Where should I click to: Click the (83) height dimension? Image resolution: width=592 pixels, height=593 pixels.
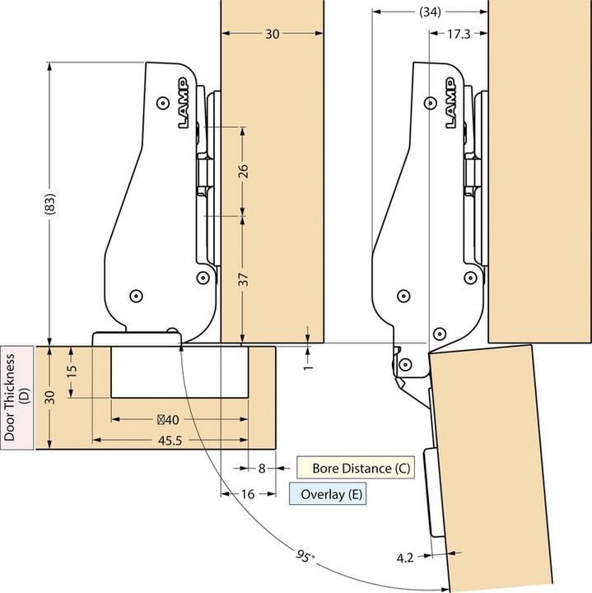(x=50, y=204)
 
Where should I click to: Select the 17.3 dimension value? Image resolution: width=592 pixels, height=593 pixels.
(x=459, y=34)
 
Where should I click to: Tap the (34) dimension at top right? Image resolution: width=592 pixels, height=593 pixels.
(x=430, y=12)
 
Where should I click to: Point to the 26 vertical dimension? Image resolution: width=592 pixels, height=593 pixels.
(x=244, y=171)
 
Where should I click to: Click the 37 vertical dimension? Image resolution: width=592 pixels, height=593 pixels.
(x=245, y=279)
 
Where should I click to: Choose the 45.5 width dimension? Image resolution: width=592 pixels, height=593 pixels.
(x=170, y=440)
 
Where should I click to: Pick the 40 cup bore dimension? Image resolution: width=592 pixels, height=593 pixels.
(x=168, y=420)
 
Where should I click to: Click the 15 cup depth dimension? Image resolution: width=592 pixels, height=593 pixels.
(x=72, y=371)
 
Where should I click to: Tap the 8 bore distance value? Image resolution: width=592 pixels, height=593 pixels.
(x=262, y=469)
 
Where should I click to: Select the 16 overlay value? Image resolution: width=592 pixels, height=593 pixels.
(x=248, y=494)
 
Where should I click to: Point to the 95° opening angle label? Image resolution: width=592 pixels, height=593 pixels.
(x=305, y=556)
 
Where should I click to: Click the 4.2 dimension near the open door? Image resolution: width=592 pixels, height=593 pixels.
(x=405, y=558)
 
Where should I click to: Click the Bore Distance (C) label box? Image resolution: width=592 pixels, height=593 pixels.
(x=356, y=468)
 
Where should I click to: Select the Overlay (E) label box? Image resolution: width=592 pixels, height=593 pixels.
(x=328, y=494)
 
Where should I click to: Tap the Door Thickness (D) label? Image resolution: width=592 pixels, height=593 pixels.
(x=16, y=397)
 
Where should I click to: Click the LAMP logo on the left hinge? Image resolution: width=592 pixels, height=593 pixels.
(x=184, y=103)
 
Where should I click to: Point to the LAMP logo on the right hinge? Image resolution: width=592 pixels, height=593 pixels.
(x=450, y=103)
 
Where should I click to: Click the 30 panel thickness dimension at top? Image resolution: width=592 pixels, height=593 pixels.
(x=273, y=34)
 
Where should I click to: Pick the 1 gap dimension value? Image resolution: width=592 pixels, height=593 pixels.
(x=309, y=367)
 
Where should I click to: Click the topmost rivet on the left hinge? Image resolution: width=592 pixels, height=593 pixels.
(x=163, y=103)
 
